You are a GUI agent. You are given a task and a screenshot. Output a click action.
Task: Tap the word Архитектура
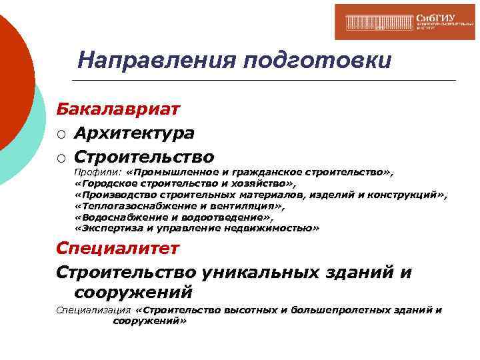[134, 133]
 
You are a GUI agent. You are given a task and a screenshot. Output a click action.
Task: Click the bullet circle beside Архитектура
[61, 135]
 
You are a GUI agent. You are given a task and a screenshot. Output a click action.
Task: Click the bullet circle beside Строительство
[61, 158]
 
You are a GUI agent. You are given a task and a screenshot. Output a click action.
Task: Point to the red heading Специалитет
[117, 249]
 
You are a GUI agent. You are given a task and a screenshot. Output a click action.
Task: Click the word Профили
[93, 173]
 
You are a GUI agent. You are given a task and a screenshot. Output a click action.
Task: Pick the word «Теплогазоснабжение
[121, 206]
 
